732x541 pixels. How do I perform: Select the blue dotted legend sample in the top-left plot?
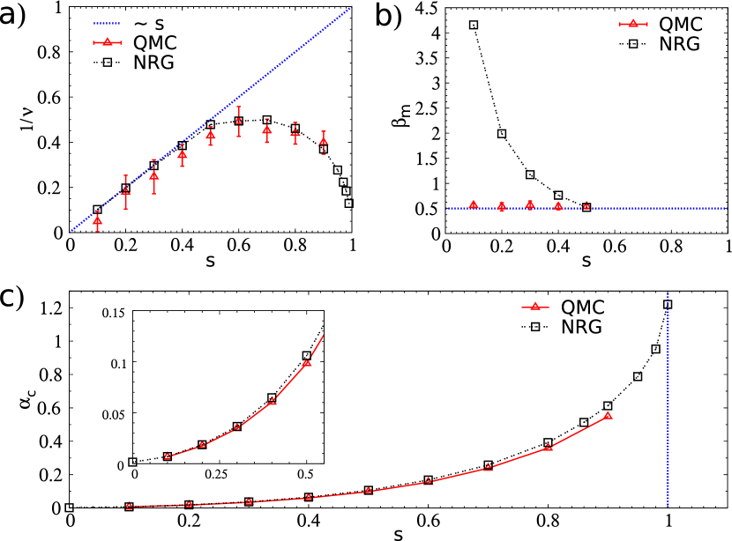click(x=107, y=24)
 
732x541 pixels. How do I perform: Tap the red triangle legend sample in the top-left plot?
click(x=108, y=42)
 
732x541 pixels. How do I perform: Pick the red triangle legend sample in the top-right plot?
click(x=633, y=24)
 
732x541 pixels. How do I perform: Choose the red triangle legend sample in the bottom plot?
click(x=534, y=307)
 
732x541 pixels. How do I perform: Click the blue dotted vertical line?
click(x=668, y=396)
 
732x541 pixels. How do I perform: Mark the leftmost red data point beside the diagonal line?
click(x=97, y=221)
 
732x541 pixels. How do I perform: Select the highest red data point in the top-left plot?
click(x=239, y=122)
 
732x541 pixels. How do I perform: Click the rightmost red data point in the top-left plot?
click(x=324, y=141)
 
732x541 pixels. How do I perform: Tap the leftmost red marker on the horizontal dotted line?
click(x=474, y=204)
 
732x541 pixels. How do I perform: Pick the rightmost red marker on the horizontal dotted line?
click(x=586, y=205)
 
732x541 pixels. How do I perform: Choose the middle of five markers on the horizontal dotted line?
click(x=530, y=204)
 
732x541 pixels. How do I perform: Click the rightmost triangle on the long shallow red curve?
click(x=608, y=415)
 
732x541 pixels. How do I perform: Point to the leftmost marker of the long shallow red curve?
click(x=129, y=506)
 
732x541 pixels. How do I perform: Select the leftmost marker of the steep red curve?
click(x=168, y=456)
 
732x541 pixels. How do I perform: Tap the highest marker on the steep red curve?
click(x=307, y=362)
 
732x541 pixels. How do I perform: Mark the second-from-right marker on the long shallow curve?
click(x=549, y=447)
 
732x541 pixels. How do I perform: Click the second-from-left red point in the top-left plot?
click(x=125, y=191)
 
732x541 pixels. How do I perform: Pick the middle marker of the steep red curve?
click(x=237, y=427)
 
